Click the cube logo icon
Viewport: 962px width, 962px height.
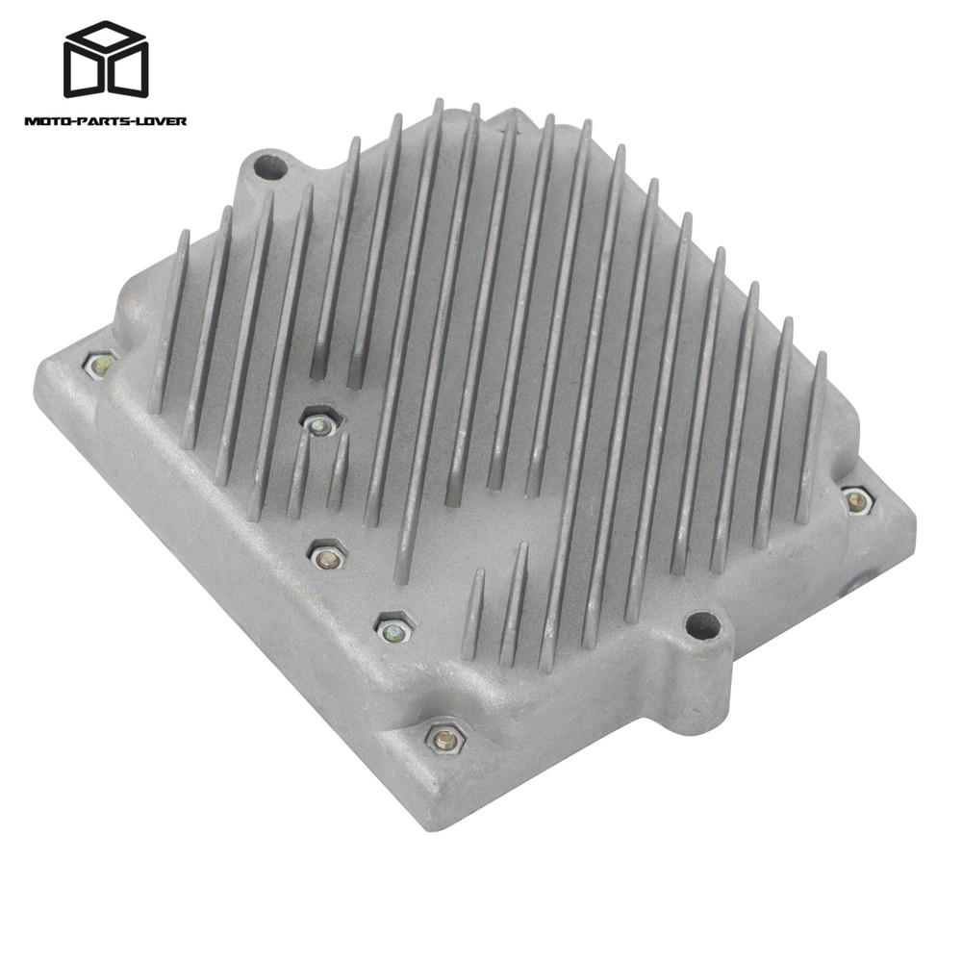106,59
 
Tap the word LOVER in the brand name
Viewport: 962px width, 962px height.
162,121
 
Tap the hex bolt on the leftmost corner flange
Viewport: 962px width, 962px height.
100,366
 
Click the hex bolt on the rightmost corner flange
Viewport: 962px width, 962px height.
856,501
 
